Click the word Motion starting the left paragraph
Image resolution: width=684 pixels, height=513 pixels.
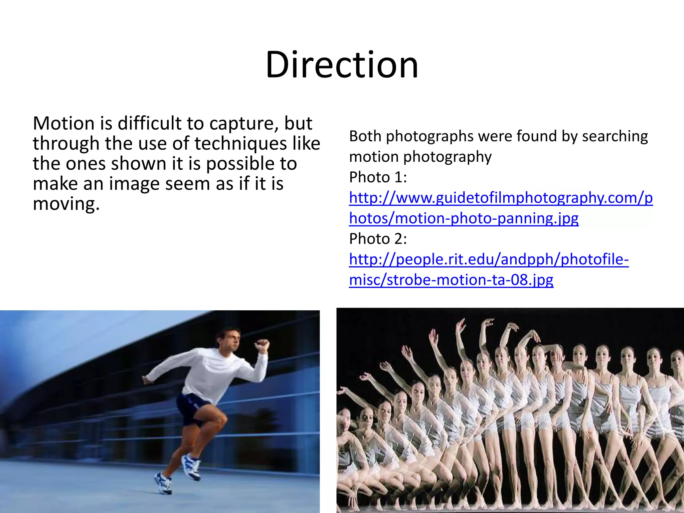pos(64,123)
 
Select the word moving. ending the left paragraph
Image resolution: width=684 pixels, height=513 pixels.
pos(66,204)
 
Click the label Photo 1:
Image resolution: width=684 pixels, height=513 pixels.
pos(378,177)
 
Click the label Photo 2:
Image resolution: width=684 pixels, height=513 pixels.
pos(378,238)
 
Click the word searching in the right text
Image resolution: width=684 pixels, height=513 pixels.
pos(615,136)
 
